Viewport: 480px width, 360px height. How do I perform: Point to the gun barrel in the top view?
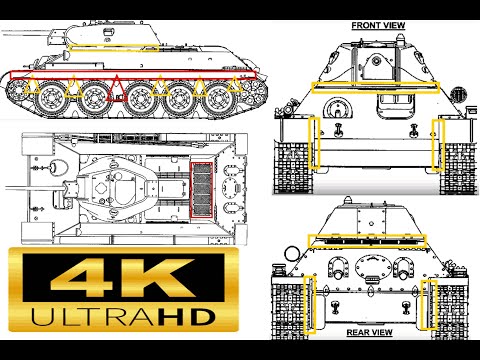pos(25,186)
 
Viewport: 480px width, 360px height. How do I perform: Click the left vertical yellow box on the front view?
pos(312,143)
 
